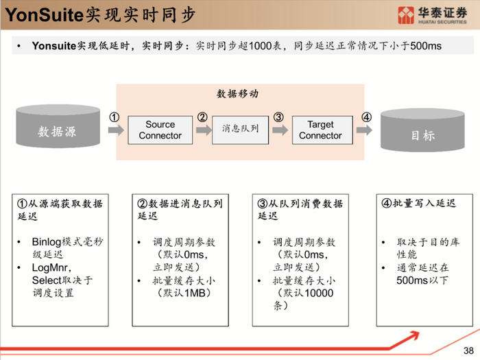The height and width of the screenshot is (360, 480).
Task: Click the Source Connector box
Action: tap(160, 130)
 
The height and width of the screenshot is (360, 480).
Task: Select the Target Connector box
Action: tap(320, 130)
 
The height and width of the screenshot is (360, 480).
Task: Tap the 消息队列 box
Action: tap(241, 129)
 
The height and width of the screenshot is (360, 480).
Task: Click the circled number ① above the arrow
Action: tap(115, 117)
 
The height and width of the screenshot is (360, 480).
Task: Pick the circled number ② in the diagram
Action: tap(202, 117)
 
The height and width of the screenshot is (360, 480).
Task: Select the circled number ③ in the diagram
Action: tap(278, 117)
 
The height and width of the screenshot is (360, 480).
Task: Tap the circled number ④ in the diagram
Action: tap(367, 117)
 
